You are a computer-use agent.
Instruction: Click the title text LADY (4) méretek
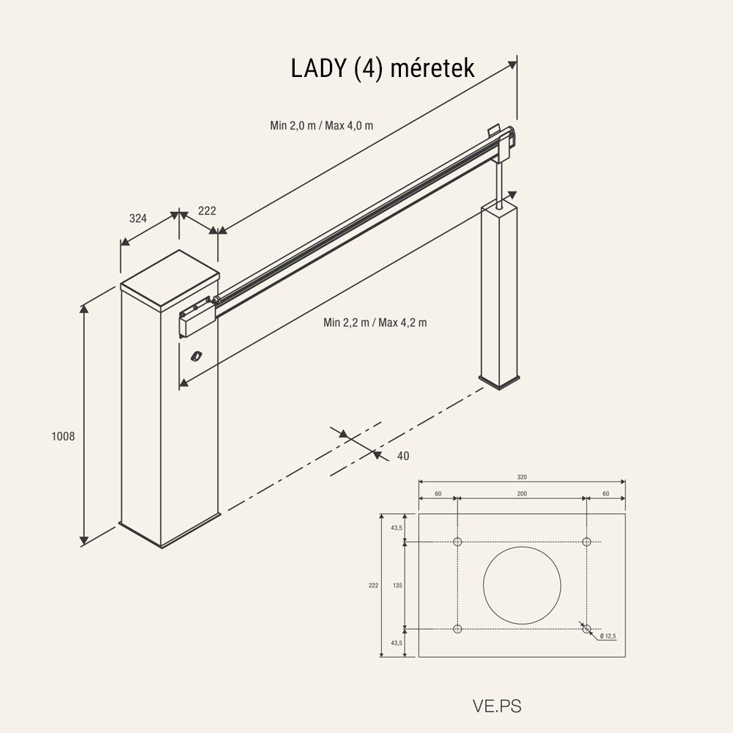(383, 69)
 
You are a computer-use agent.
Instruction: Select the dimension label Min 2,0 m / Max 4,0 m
(321, 125)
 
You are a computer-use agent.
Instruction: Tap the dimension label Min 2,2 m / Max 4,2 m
(375, 323)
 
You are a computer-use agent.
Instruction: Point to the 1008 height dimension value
(63, 436)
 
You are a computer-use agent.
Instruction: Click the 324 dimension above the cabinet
(138, 218)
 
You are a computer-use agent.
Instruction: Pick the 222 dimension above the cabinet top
(207, 210)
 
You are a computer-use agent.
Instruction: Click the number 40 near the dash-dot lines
(402, 456)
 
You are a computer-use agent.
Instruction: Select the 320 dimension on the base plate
(522, 476)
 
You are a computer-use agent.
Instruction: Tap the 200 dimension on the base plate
(522, 494)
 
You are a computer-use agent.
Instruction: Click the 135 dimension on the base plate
(397, 585)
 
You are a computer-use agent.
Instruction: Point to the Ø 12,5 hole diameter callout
(608, 636)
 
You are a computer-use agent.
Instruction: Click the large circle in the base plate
(522, 584)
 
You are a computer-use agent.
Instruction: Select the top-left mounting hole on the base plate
(457, 542)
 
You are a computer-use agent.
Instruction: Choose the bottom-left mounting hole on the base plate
(457, 628)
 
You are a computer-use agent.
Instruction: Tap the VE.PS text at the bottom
(497, 707)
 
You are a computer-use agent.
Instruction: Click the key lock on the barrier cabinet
(196, 356)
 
